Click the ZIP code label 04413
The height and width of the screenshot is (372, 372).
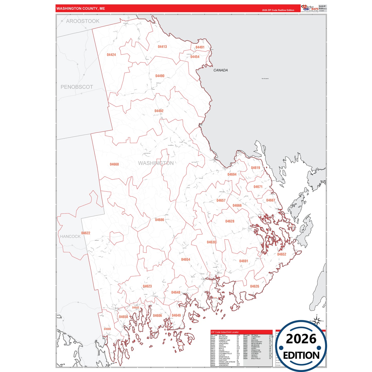(162, 47)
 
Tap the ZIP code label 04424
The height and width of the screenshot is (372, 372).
(111, 55)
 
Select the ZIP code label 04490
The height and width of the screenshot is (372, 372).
(160, 76)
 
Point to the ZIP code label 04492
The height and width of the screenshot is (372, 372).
(159, 111)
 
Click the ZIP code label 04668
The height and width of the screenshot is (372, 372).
(114, 165)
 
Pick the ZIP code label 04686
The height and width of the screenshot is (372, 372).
(159, 220)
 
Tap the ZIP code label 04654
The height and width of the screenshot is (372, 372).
(185, 259)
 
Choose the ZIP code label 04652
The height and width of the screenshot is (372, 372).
(281, 254)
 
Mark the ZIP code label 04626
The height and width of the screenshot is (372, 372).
(254, 286)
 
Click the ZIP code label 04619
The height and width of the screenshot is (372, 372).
(255, 168)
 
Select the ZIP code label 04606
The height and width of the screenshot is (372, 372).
(157, 316)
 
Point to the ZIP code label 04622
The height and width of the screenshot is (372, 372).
(86, 233)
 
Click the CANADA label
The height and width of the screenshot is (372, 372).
(220, 70)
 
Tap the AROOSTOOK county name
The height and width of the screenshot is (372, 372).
(83, 21)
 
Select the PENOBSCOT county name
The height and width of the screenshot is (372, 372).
(77, 87)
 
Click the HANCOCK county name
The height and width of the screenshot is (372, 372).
(70, 237)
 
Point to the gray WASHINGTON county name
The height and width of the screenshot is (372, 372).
(156, 163)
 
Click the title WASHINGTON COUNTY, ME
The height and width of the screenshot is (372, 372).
(81, 8)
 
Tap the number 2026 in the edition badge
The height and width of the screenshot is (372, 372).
(301, 339)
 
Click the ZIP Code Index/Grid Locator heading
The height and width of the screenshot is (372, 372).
(225, 332)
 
